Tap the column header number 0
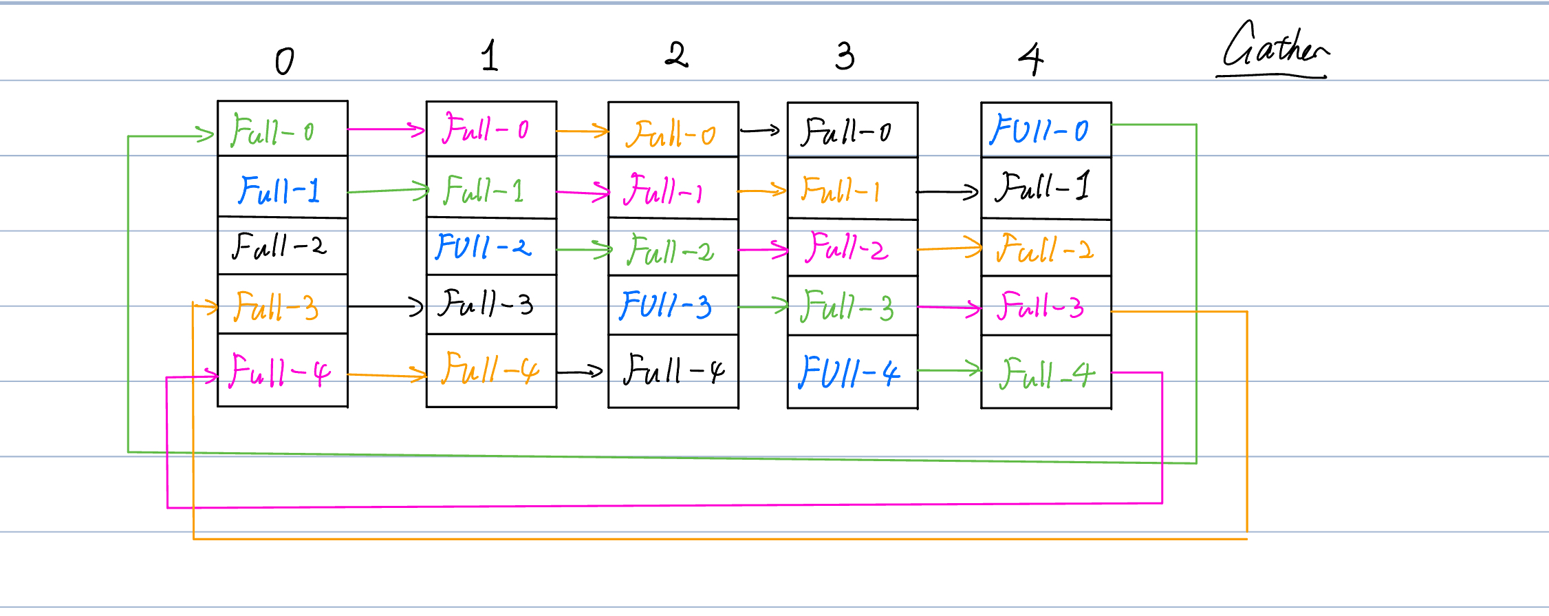click(x=284, y=61)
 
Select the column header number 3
click(x=845, y=56)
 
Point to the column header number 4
click(x=1030, y=59)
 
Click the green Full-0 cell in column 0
click(x=282, y=129)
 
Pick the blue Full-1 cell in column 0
click(x=282, y=188)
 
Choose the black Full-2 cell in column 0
click(x=282, y=246)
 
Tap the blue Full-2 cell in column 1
click(x=490, y=246)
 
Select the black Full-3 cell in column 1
click(x=490, y=304)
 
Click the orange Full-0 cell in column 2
click(x=673, y=131)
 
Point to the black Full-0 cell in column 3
click(x=852, y=131)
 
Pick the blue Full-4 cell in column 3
click(x=852, y=372)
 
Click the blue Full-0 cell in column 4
click(x=1046, y=129)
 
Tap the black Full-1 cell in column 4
click(x=1046, y=187)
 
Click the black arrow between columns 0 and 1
click(x=385, y=306)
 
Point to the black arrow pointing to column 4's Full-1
click(x=948, y=192)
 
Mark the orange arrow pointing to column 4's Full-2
click(x=949, y=248)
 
